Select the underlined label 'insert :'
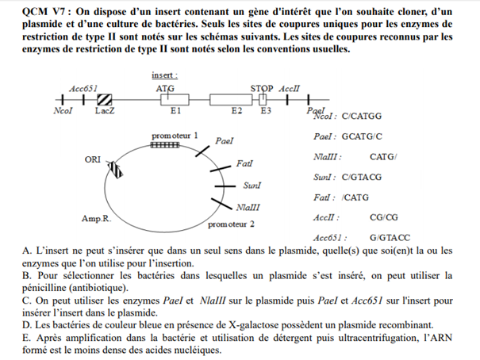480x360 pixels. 165,75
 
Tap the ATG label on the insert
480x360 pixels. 165,88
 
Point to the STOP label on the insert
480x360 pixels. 262,88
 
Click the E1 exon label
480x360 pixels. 176,112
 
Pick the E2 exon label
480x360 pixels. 236,112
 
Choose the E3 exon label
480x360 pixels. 267,112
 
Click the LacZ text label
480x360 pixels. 104,112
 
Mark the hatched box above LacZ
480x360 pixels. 104,99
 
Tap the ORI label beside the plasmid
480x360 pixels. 92,159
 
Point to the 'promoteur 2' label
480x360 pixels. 231,224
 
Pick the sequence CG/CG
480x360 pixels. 384,216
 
